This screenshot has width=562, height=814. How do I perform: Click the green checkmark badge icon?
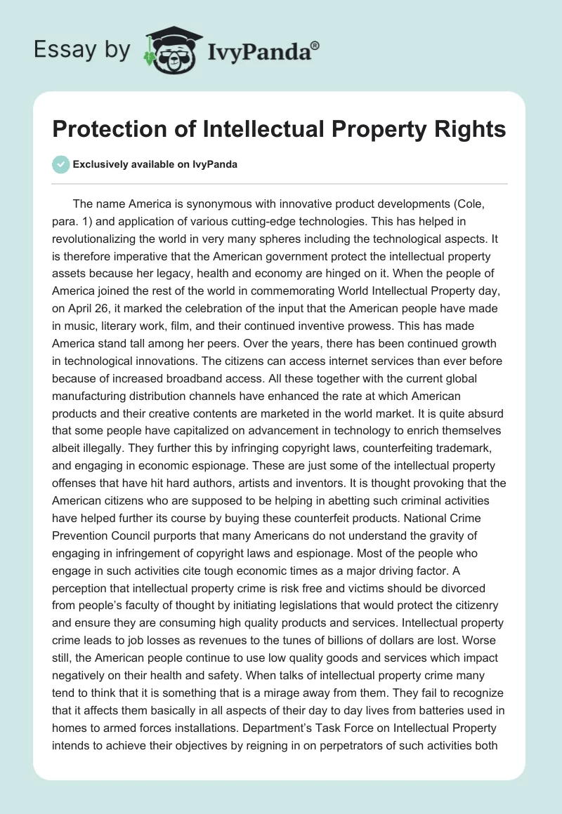pos(60,164)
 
